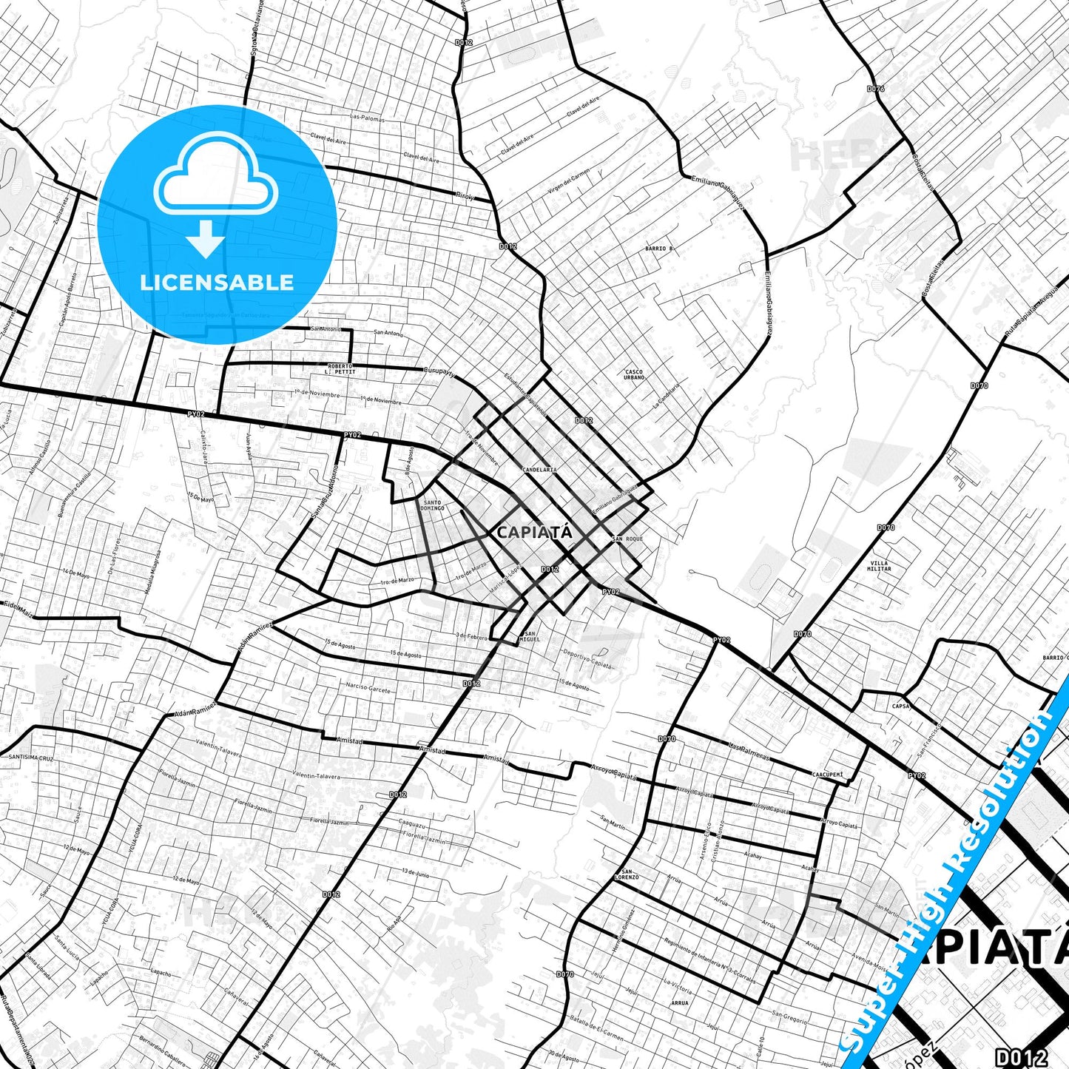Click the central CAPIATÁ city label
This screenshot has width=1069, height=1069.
pos(525,532)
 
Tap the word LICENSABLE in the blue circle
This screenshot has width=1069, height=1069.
pos(217,283)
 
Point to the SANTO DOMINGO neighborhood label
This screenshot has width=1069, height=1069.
pos(432,505)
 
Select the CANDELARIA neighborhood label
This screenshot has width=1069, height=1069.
pos(539,470)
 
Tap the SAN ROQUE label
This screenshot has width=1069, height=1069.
pos(628,539)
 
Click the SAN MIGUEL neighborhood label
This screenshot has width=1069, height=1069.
pos(531,636)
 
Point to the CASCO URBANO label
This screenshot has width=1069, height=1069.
pos(634,375)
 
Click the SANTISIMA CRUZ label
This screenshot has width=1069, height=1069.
pos(32,758)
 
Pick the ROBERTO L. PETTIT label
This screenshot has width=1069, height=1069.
pos(342,368)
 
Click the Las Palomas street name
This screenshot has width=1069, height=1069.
pos(366,117)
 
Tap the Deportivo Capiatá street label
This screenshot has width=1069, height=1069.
pos(588,658)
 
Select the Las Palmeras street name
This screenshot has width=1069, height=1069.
pos(749,751)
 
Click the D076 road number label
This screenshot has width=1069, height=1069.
pos(875,89)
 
